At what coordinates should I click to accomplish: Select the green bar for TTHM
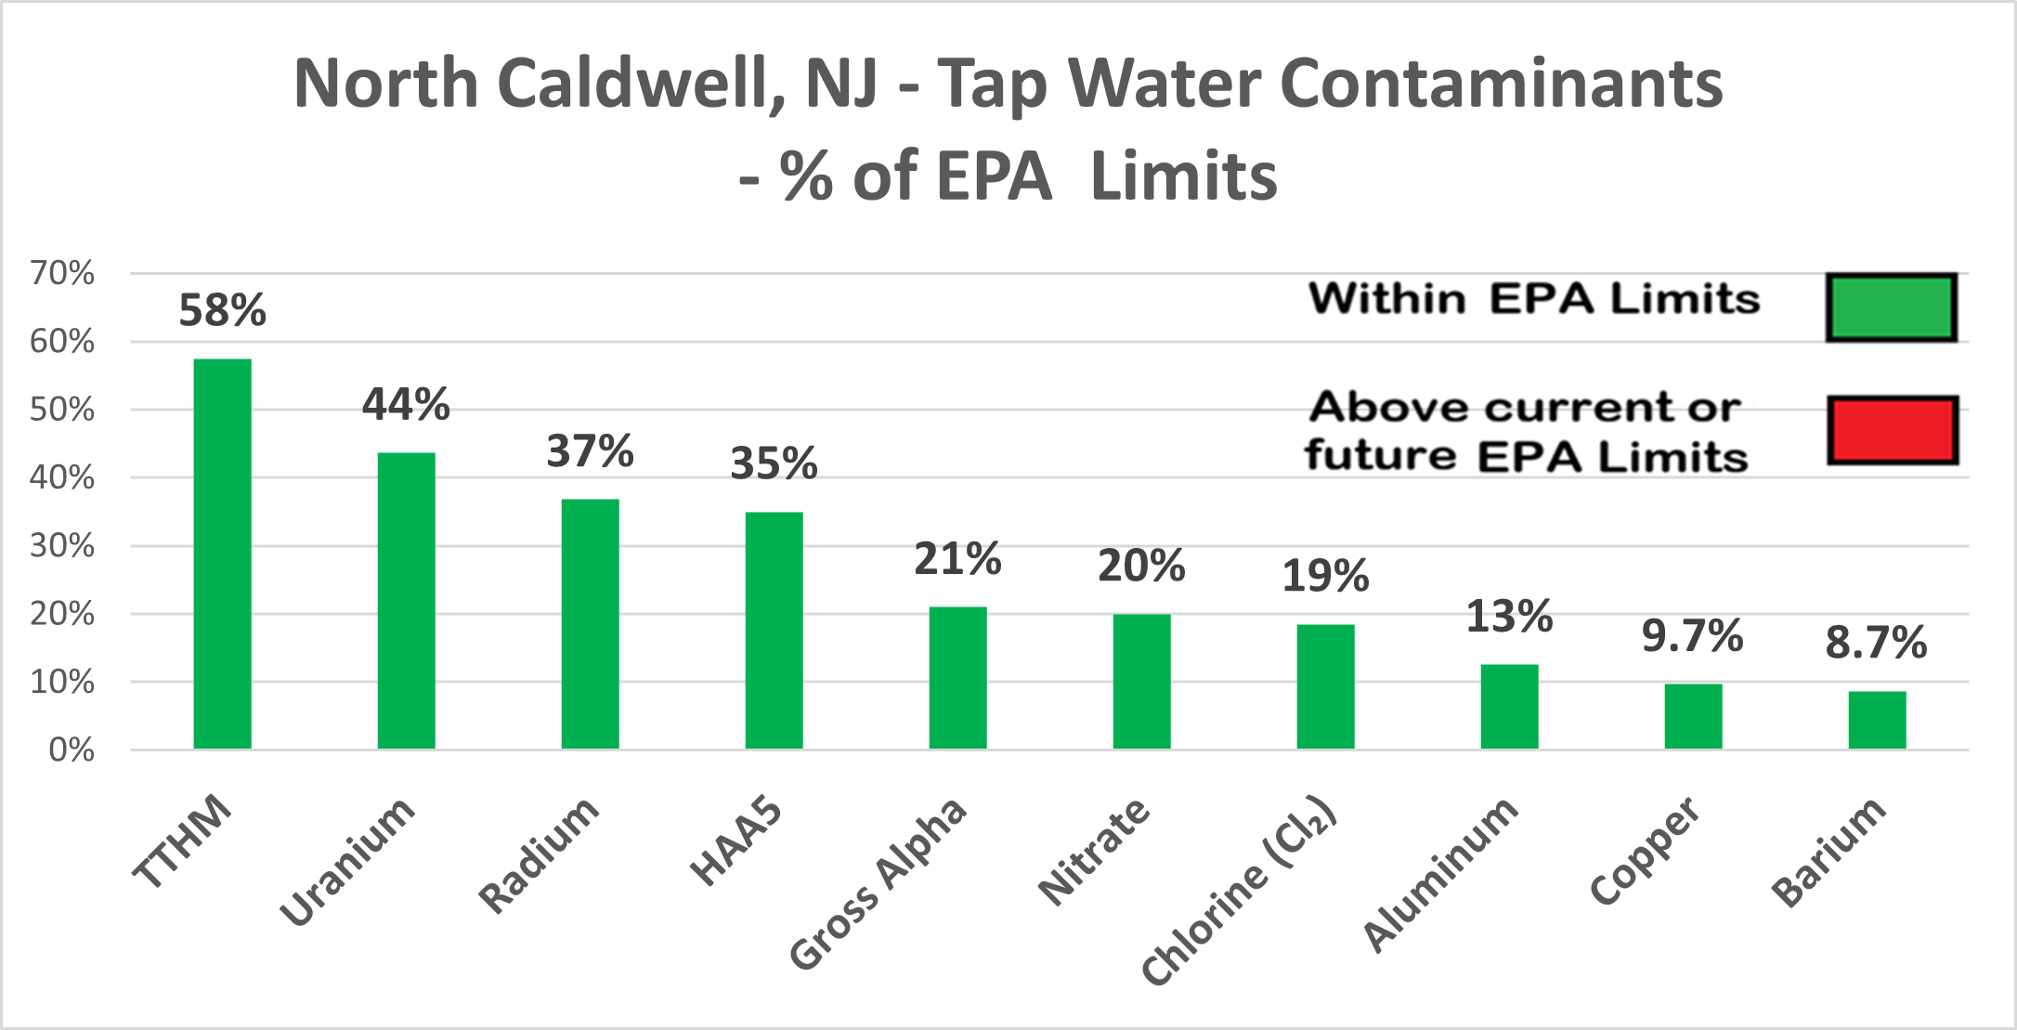(222, 554)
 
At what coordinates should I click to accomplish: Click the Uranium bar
(406, 601)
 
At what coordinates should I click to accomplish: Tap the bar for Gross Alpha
(957, 678)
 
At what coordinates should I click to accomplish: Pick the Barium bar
(1877, 720)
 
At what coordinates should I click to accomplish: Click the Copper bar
(1693, 716)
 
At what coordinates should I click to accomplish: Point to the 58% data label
(222, 310)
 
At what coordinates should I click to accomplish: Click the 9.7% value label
(1692, 636)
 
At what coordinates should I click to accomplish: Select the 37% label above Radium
(590, 451)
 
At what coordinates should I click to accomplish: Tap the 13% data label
(1509, 617)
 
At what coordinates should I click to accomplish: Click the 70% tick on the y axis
(62, 273)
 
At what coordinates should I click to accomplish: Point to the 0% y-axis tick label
(72, 750)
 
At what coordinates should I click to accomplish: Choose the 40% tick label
(62, 477)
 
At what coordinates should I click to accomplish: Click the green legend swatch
(1892, 307)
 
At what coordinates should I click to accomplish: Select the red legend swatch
(1893, 430)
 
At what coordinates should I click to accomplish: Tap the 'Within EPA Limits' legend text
(1534, 299)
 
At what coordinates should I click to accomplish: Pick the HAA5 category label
(736, 841)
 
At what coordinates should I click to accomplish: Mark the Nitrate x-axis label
(1094, 851)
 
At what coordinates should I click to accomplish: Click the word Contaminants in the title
(1501, 84)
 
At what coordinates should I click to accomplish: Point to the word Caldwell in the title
(642, 84)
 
